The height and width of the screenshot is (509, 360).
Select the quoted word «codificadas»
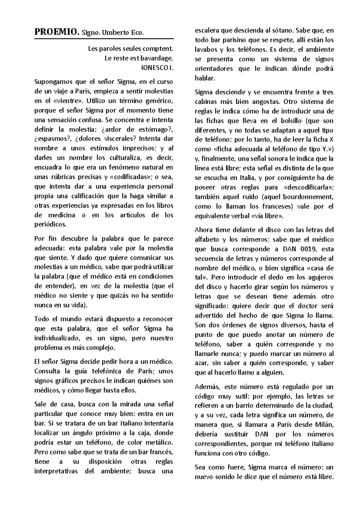pyautogui.click(x=131, y=177)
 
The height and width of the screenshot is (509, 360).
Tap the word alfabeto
pyautogui.click(x=206, y=239)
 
